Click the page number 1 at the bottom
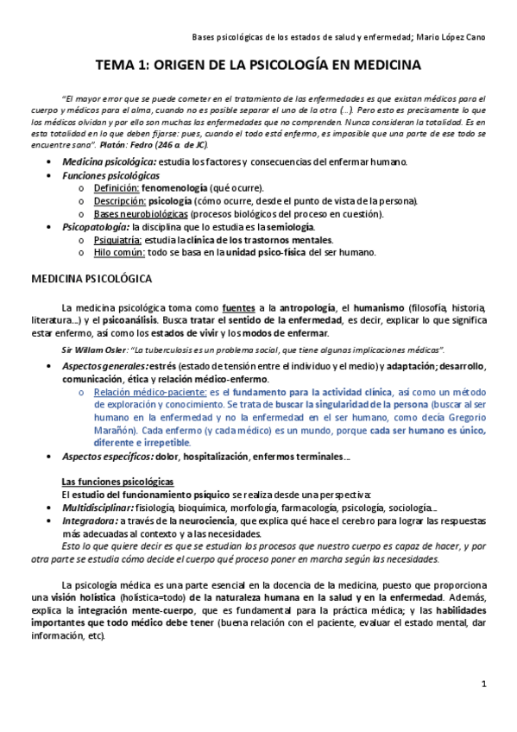(484, 685)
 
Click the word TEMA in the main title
(115, 66)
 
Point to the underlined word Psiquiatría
(119, 240)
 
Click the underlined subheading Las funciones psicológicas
(117, 481)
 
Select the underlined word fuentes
(239, 306)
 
